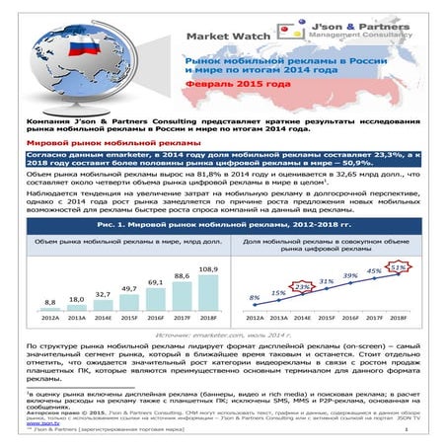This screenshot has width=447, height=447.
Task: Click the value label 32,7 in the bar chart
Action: pyautogui.click(x=102, y=294)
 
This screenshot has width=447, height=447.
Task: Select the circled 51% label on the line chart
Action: pyautogui.click(x=399, y=267)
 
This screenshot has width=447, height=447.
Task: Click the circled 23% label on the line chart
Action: pyautogui.click(x=303, y=287)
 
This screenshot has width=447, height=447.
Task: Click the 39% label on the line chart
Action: pyautogui.click(x=350, y=275)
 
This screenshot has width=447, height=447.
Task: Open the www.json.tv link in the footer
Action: pyautogui.click(x=41, y=422)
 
